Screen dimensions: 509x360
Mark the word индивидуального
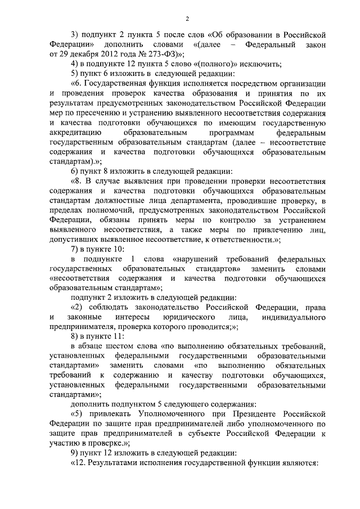point(295,319)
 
